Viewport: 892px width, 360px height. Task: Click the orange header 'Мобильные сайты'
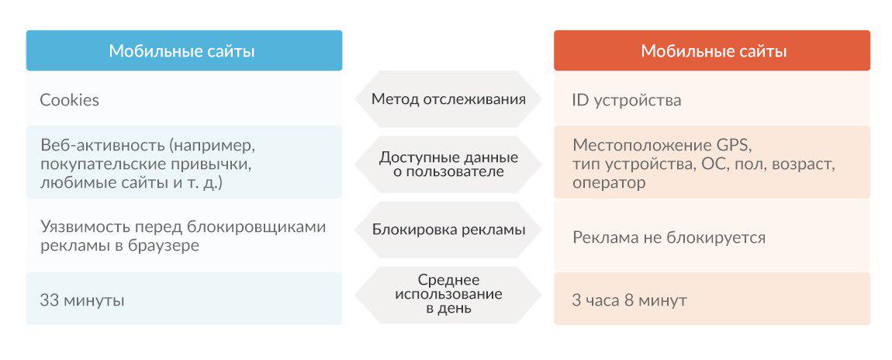[x=712, y=50]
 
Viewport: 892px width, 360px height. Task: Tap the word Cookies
[x=69, y=100]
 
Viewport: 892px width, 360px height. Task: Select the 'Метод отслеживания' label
[x=448, y=99]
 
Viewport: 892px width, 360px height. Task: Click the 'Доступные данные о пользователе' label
[x=448, y=164]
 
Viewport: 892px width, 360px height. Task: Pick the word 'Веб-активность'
[x=103, y=145]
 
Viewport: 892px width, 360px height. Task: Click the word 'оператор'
[x=609, y=184]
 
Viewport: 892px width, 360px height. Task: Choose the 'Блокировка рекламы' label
[x=448, y=230]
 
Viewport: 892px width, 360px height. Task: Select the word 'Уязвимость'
[x=85, y=227]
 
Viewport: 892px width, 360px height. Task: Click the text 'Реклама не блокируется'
[x=669, y=237]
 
